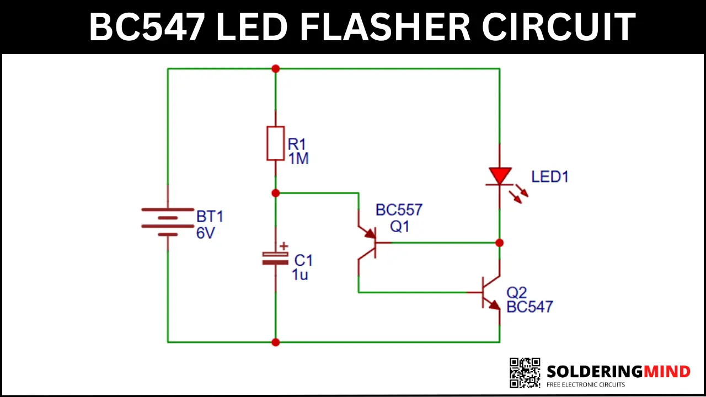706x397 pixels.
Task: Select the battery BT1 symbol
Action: (168, 222)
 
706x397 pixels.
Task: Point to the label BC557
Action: (399, 210)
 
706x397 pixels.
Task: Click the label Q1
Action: (400, 227)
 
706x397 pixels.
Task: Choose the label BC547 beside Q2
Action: (529, 307)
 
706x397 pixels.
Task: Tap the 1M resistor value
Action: (298, 158)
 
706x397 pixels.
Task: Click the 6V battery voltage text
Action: (206, 233)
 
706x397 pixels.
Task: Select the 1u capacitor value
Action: (300, 275)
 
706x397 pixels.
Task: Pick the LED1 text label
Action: (550, 177)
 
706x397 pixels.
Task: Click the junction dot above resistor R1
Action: (275, 69)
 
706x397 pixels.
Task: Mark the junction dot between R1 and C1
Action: (275, 193)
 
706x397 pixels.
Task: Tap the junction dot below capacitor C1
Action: (275, 342)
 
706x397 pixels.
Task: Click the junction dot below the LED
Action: (500, 243)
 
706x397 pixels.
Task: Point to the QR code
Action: (525, 373)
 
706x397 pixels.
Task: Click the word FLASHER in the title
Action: (385, 26)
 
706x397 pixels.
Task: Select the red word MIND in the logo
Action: (667, 372)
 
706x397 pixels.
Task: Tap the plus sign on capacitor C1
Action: (284, 246)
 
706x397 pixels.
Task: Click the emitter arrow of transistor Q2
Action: (495, 305)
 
